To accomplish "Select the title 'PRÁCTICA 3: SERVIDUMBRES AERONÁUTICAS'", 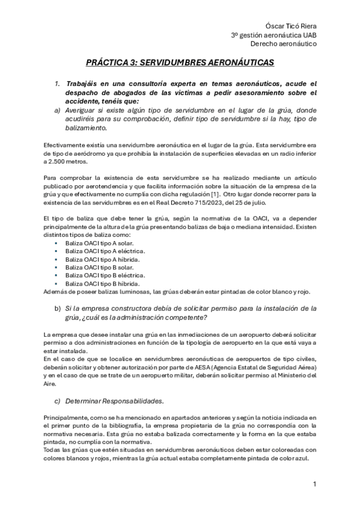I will (x=180, y=62).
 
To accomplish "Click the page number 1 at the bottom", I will (x=314, y=484).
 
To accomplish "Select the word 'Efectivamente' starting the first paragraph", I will (x=64, y=146).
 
